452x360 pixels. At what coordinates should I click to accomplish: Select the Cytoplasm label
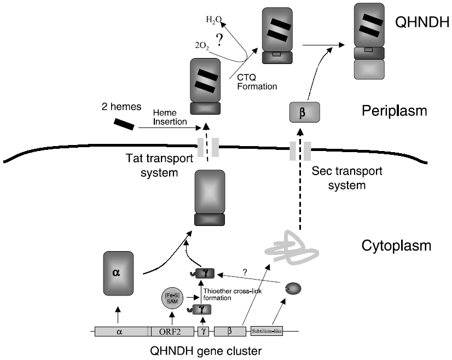[x=397, y=246]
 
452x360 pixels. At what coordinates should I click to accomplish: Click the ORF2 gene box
[x=173, y=331]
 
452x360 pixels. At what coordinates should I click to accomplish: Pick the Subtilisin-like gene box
[x=266, y=331]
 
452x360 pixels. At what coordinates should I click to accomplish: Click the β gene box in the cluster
[x=229, y=331]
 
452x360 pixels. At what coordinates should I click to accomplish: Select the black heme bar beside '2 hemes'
[x=124, y=124]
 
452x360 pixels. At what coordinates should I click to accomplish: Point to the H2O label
[x=214, y=21]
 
